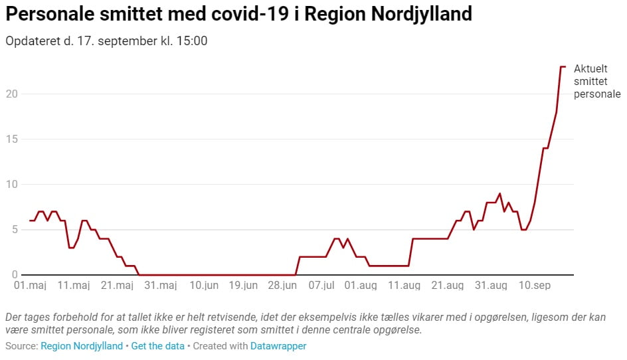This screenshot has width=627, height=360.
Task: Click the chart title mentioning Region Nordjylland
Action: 238,14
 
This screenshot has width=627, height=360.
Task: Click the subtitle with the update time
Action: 106,41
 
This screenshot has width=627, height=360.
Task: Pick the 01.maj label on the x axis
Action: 30,286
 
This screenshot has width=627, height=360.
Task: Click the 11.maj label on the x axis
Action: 74,286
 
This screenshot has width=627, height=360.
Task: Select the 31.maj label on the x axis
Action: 161,286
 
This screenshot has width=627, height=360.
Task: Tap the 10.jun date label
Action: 203,286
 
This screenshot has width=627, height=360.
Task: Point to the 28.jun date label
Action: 282,286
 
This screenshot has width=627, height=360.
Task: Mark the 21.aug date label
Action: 448,286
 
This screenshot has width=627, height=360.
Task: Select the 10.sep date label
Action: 535,286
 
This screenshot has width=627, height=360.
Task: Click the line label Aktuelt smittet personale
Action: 597,82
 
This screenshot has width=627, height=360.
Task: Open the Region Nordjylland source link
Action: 82,346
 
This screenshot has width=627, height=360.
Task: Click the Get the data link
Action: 159,346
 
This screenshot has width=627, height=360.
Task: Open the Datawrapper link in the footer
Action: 278,346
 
